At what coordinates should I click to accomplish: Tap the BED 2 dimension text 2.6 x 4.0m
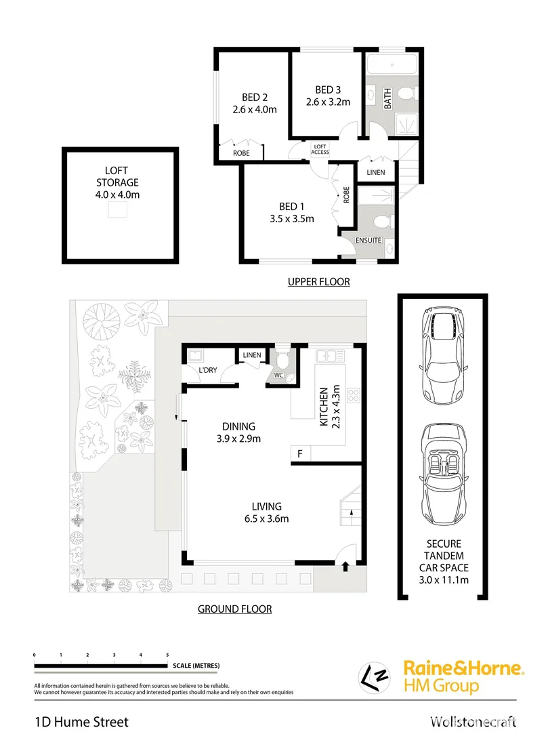[x=255, y=109]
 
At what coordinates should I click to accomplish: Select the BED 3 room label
[x=328, y=89]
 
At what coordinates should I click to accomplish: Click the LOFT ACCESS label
[x=320, y=149]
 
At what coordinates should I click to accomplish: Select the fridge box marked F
[x=299, y=453]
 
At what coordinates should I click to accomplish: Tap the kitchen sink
[x=332, y=354]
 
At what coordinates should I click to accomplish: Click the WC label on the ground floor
[x=278, y=375]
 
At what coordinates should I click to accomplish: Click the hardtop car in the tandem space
[x=442, y=354]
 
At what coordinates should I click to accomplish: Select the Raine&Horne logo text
[x=463, y=668]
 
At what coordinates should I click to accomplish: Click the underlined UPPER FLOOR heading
[x=318, y=282]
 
